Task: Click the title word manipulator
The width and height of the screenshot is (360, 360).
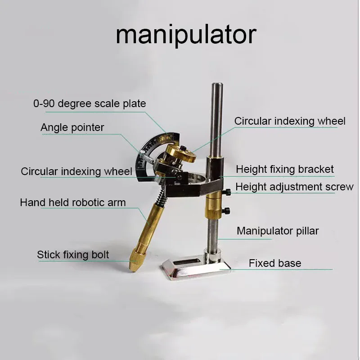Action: click(x=186, y=35)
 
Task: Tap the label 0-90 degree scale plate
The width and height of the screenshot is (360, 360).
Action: click(x=90, y=103)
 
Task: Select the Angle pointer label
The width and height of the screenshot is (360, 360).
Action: click(x=72, y=127)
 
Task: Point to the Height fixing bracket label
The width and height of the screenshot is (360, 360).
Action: click(x=285, y=169)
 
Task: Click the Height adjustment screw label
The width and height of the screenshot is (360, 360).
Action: click(x=294, y=186)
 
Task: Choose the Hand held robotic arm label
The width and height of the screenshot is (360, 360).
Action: click(x=73, y=202)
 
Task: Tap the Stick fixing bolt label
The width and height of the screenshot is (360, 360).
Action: click(x=73, y=255)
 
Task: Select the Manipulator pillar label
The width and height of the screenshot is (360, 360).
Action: click(x=278, y=231)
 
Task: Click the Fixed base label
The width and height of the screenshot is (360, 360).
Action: click(x=275, y=263)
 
